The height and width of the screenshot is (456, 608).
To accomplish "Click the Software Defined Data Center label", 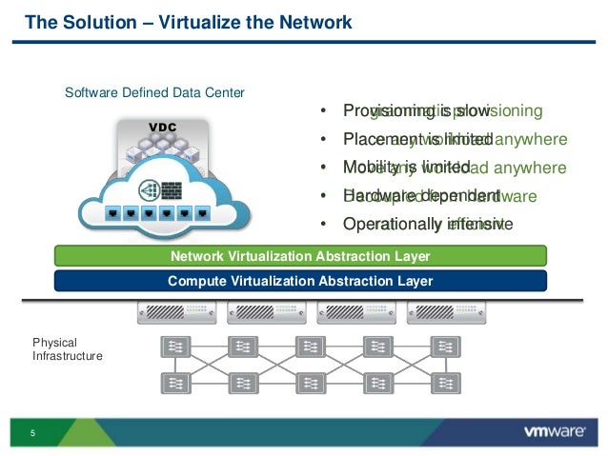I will pyautogui.click(x=154, y=93).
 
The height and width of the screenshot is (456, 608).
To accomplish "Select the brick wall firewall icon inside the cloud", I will pyautogui.click(x=172, y=188).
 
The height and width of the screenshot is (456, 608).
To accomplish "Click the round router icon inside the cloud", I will pyautogui.click(x=149, y=188).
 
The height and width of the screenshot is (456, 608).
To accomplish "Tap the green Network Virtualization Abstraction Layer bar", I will pyautogui.click(x=299, y=256).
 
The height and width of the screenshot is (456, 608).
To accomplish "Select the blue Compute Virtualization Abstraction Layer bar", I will pyautogui.click(x=299, y=281).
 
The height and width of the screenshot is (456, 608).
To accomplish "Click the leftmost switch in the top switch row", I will pyautogui.click(x=174, y=347).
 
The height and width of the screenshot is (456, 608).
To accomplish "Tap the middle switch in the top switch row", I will pyautogui.click(x=310, y=347).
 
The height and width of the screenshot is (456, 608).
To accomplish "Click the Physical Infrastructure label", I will pyautogui.click(x=67, y=348).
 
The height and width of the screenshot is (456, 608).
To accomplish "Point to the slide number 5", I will pyautogui.click(x=32, y=434).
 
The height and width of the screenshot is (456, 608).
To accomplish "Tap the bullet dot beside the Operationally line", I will pyautogui.click(x=324, y=225).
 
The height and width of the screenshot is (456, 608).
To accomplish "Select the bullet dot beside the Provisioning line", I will pyautogui.click(x=324, y=111).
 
